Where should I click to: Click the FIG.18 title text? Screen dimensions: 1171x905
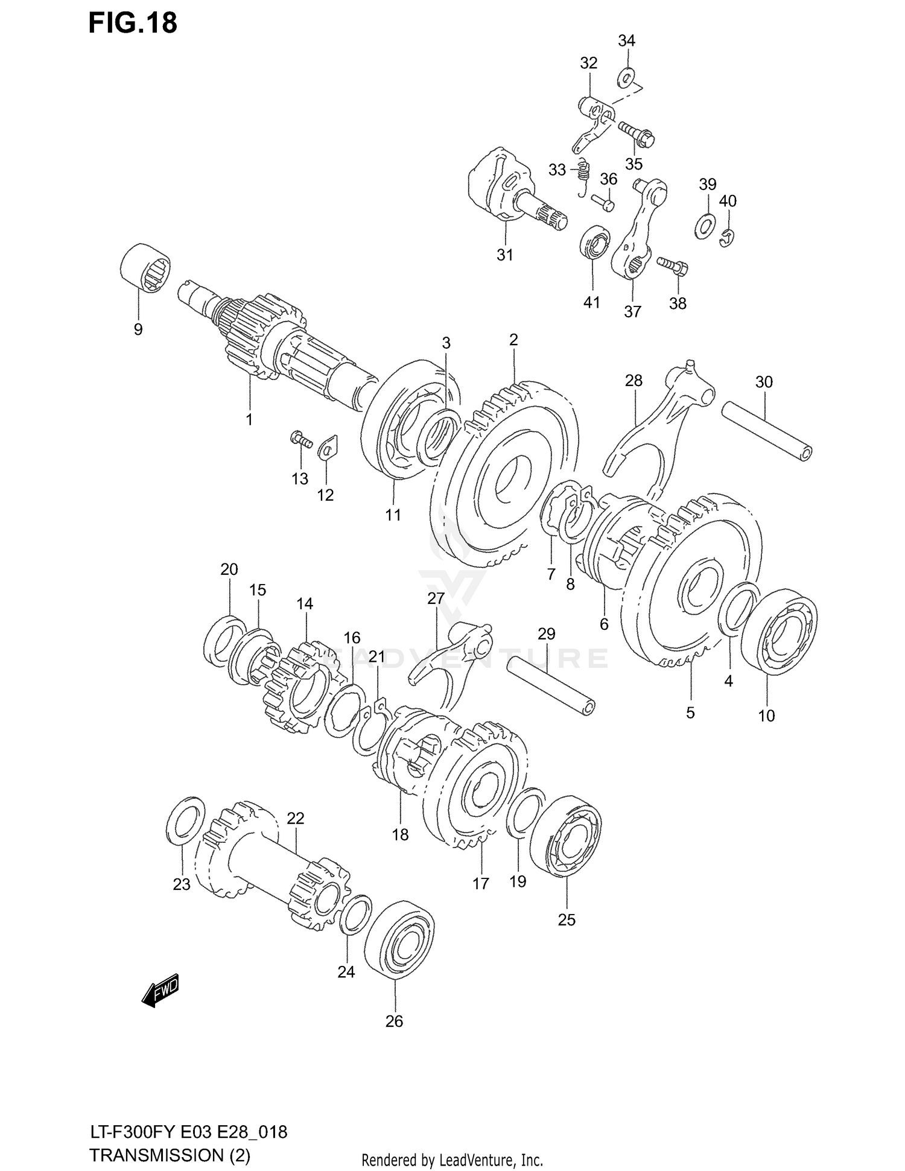coord(133,23)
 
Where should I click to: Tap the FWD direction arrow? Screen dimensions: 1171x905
coord(160,991)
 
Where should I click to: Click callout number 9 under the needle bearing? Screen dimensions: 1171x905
coord(138,329)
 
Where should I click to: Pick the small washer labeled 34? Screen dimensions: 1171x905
coord(626,77)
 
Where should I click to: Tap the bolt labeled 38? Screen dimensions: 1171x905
coord(674,264)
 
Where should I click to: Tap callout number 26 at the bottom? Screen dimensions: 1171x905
coord(394,1021)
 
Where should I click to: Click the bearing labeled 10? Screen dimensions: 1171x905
coord(778,631)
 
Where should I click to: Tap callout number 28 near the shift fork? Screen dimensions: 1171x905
coord(634,381)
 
